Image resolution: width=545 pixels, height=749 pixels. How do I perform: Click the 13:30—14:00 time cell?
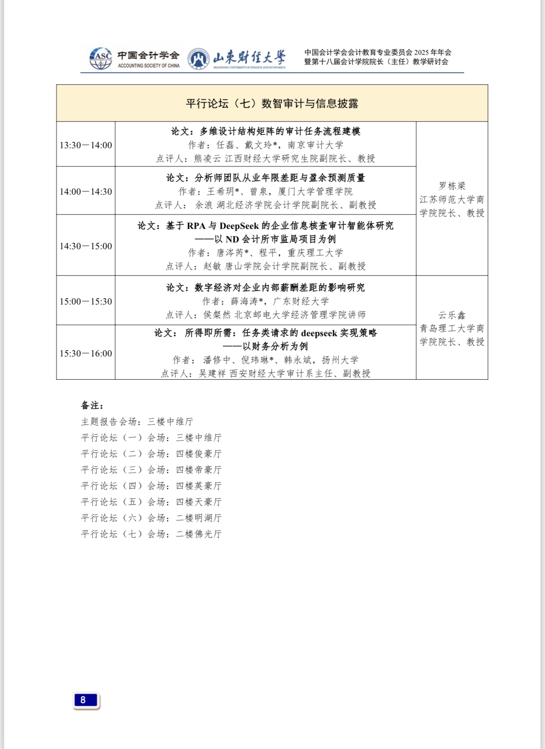point(86,145)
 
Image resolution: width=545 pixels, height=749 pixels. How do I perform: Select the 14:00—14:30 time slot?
point(86,192)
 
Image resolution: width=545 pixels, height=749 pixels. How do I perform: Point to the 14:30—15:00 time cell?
point(86,246)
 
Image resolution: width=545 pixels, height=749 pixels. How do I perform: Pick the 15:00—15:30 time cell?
point(86,302)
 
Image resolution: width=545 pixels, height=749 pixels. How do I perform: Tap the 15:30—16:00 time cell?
point(86,354)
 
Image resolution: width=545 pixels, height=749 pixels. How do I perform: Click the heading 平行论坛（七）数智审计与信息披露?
point(272,103)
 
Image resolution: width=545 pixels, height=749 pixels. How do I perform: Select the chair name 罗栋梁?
point(452,186)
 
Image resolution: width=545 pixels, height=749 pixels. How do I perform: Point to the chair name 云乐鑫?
point(452,315)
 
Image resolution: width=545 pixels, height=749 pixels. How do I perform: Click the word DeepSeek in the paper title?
point(239,226)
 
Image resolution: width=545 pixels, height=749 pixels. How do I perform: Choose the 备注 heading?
point(92,406)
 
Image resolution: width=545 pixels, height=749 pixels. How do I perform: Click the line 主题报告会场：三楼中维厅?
point(137,422)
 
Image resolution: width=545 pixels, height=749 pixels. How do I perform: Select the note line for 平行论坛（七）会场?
point(151,534)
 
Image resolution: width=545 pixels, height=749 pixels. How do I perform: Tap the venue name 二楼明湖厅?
point(199,518)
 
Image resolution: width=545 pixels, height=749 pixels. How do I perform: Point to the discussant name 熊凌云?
point(207,159)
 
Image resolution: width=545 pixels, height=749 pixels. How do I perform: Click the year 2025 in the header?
point(421,52)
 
